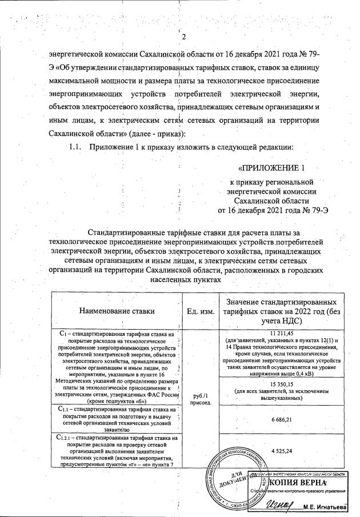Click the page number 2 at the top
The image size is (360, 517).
pyautogui.click(x=184, y=38)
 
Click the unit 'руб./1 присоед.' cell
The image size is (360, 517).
pyautogui.click(x=200, y=398)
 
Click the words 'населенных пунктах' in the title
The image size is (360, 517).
pyautogui.click(x=185, y=282)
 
